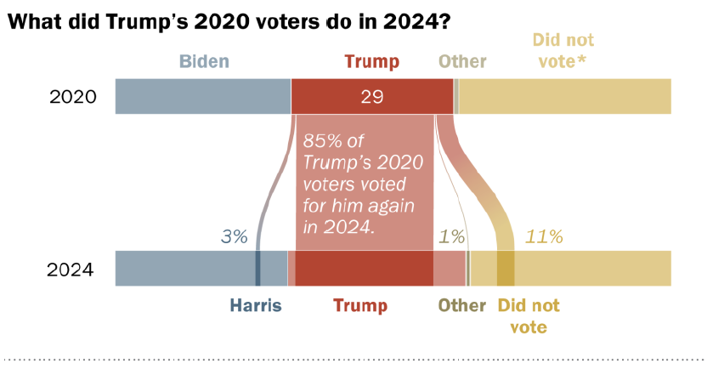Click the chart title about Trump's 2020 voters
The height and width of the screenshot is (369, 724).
pyautogui.click(x=229, y=23)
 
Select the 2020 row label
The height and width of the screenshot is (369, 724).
pyautogui.click(x=73, y=97)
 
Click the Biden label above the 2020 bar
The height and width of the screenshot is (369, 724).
pyautogui.click(x=204, y=61)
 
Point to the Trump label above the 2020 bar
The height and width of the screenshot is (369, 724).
pyautogui.click(x=371, y=61)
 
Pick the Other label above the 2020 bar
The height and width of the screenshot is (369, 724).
pyautogui.click(x=462, y=61)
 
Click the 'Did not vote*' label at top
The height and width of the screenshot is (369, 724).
pyautogui.click(x=563, y=50)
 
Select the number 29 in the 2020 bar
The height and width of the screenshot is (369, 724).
pyautogui.click(x=372, y=97)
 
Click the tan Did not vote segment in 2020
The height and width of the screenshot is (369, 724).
pyautogui.click(x=565, y=96)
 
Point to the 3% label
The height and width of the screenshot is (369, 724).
pyautogui.click(x=233, y=237)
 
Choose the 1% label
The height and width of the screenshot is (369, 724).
pyautogui.click(x=450, y=237)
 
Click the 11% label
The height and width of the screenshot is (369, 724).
pyautogui.click(x=545, y=237)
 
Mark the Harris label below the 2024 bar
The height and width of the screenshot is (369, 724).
pyautogui.click(x=255, y=305)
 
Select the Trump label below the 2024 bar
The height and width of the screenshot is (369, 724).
pyautogui.click(x=359, y=305)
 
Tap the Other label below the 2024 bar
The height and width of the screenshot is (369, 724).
pyautogui.click(x=461, y=305)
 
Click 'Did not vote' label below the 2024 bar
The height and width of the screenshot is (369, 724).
pyautogui.click(x=529, y=315)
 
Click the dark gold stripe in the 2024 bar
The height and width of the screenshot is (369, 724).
pyautogui.click(x=506, y=269)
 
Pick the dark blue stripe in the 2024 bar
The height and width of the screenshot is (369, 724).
pyautogui.click(x=257, y=269)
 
